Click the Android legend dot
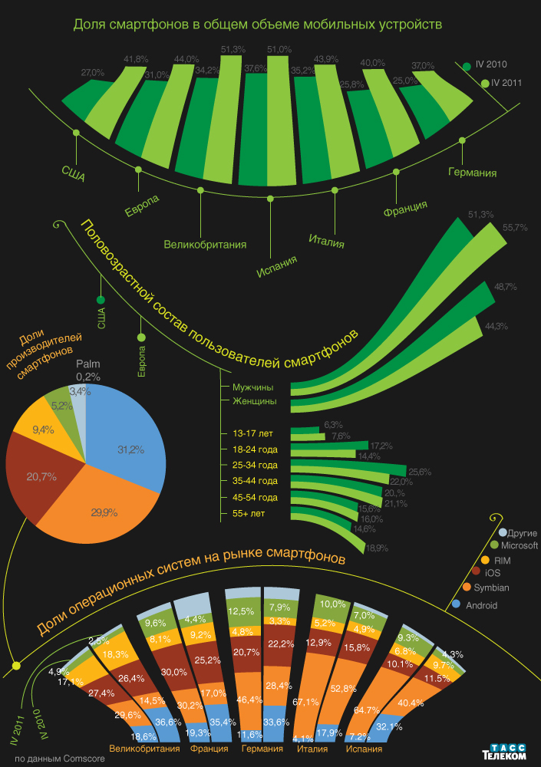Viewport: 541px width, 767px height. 457,604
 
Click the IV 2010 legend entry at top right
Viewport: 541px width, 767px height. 491,66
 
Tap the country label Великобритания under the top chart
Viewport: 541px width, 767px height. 205,245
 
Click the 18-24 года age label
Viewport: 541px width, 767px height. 256,449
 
